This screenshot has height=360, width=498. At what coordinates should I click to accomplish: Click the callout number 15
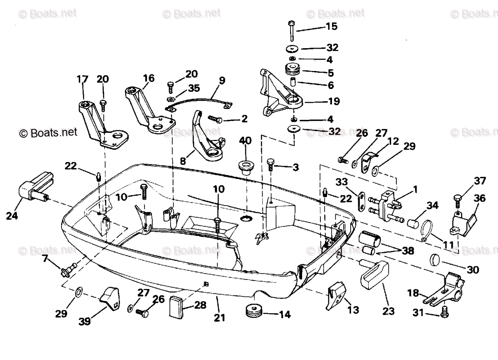332,26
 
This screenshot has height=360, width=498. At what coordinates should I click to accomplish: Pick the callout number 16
148,78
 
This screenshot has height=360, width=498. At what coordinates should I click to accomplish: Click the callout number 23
389,311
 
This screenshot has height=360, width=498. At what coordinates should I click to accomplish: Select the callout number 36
479,198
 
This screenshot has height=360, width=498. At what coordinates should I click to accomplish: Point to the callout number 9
222,80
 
